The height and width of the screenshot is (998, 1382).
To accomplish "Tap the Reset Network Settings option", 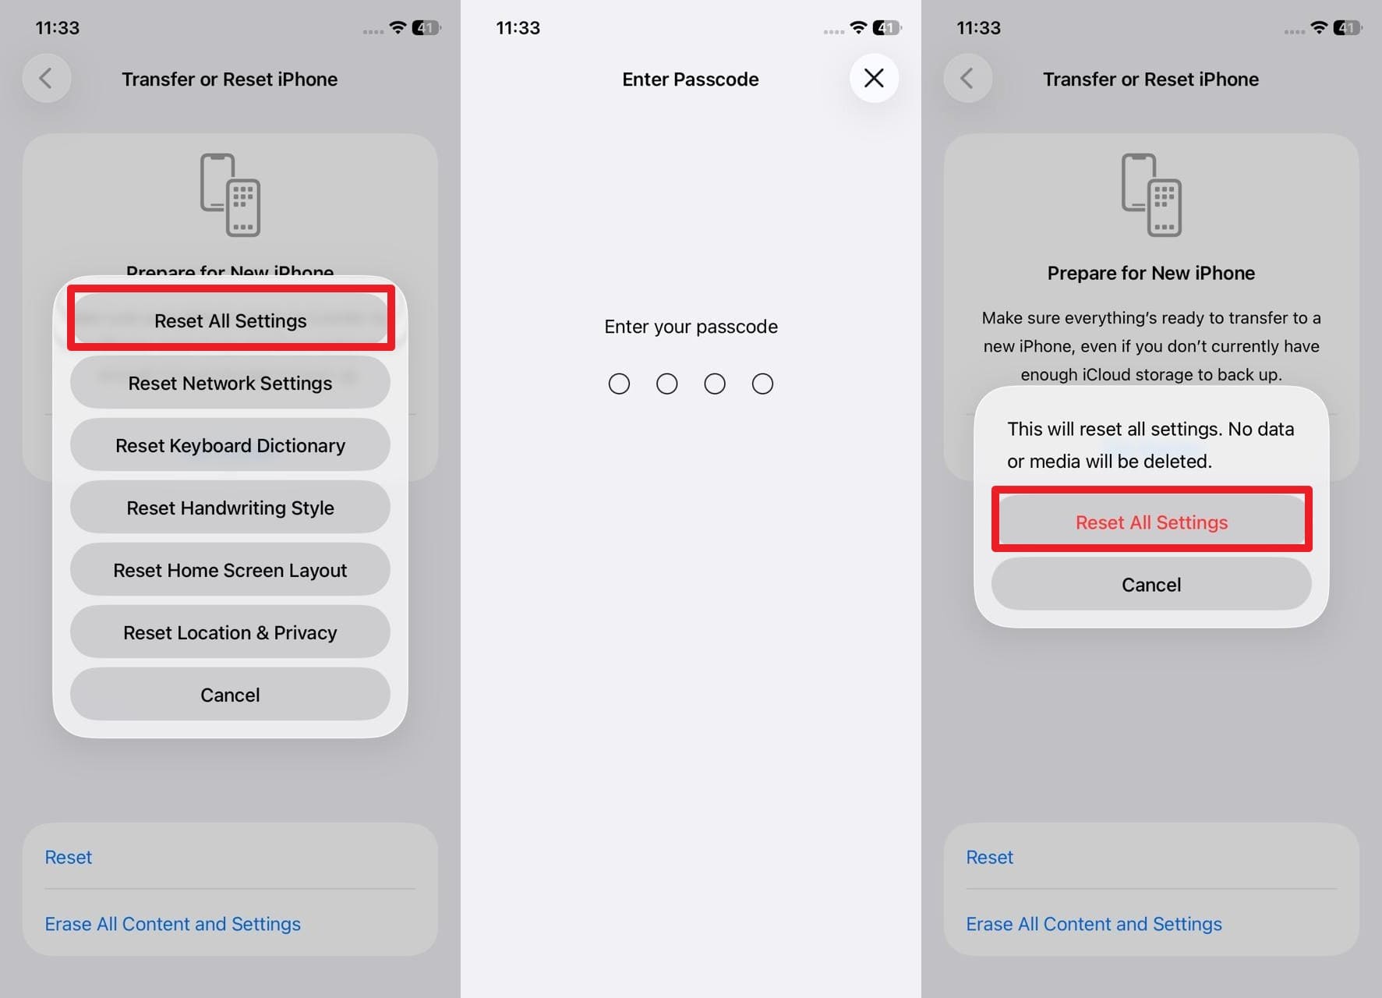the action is [230, 383].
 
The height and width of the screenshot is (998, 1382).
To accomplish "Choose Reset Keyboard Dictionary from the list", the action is [230, 445].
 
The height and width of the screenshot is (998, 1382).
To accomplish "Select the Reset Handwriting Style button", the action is [230, 508].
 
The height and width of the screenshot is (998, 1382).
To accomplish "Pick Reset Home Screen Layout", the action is [230, 570].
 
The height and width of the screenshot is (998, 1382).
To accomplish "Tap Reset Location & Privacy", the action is [230, 632].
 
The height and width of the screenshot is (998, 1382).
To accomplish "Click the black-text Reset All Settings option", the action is [230, 320].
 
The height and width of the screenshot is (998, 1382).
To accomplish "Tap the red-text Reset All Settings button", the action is [1151, 522].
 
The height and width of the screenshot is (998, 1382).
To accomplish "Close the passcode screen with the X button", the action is [874, 78].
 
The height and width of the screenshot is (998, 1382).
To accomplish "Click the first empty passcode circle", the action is [619, 384].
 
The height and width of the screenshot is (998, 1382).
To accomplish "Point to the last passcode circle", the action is [762, 384].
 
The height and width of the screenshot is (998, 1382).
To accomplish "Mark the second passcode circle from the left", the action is [666, 384].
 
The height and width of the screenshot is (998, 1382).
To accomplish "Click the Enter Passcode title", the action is [690, 80].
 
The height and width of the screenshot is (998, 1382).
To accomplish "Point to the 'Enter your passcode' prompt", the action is [691, 327].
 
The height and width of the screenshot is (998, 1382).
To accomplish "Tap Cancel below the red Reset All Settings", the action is [1151, 584].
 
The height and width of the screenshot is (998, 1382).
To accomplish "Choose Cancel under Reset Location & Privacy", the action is [230, 695].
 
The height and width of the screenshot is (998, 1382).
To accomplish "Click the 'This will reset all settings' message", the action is [1150, 444].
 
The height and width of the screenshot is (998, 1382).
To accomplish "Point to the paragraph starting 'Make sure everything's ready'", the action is [1151, 346].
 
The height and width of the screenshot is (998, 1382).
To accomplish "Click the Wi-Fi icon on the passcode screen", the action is [858, 27].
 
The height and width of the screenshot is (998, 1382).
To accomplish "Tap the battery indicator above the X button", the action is [887, 28].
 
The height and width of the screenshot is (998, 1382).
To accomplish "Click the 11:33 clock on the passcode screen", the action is [518, 28].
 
